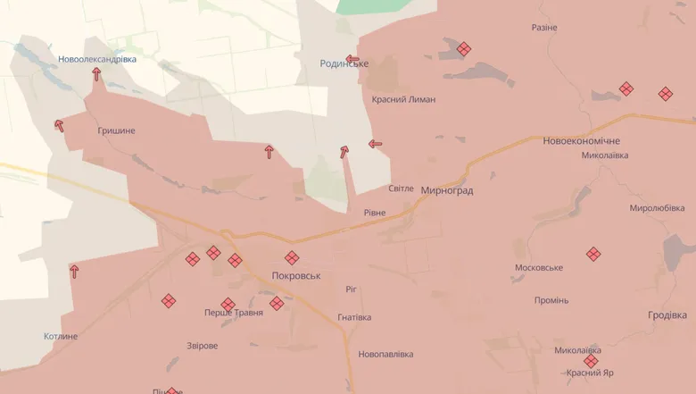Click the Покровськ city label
[296, 276]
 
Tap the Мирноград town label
[445, 190]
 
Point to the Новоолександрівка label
[97, 59]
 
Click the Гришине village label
[117, 130]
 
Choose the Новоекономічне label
[581, 141]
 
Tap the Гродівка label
[667, 315]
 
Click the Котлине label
[61, 337]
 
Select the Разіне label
[543, 28]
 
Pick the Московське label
[539, 268]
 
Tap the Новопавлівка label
[385, 355]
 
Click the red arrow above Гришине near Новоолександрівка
[96, 74]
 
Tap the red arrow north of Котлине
[74, 271]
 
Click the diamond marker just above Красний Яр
[590, 361]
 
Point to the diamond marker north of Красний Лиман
[463, 49]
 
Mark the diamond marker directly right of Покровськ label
[292, 258]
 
